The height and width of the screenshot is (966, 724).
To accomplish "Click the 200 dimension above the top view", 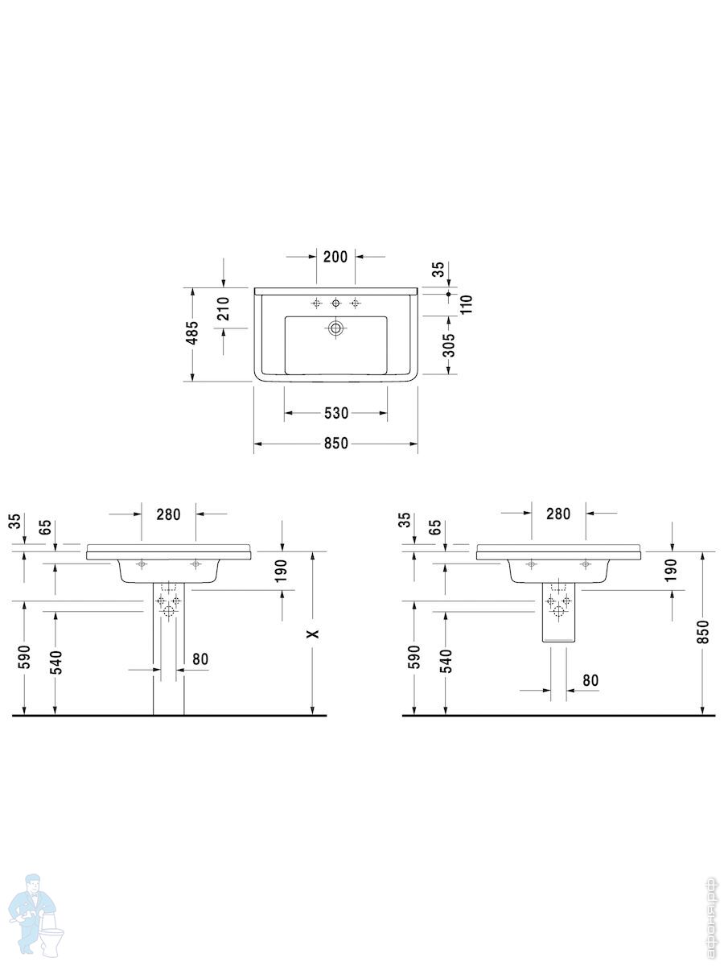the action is [335, 257].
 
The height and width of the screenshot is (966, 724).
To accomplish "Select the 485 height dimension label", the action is [192, 332].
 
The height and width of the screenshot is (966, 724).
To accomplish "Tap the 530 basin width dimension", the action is [335, 413].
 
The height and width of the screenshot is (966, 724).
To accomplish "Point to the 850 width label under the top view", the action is [335, 444].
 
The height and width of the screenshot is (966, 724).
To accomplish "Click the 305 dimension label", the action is [449, 345].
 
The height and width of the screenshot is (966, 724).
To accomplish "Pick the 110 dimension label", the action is [466, 304].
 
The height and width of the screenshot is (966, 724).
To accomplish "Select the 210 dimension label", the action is [223, 308].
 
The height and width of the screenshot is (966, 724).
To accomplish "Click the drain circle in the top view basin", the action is [335, 328].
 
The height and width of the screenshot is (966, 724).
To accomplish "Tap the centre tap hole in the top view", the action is [335, 303].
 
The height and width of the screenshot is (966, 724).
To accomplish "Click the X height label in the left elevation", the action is [313, 634].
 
